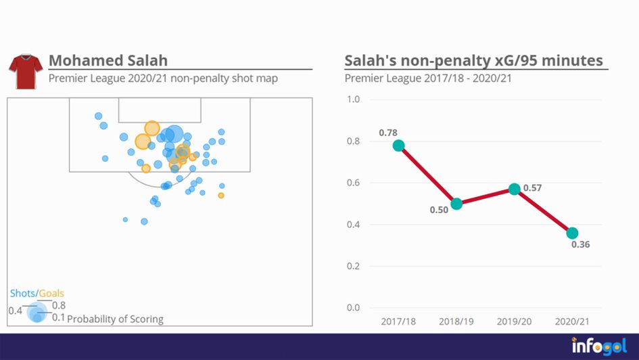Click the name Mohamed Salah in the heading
point(108,61)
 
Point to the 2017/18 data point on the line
point(398,145)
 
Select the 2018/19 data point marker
point(456,204)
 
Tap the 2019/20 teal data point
point(515,189)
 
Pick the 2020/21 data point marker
point(572,233)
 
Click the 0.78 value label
point(388,133)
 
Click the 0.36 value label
point(580,245)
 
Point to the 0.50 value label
point(439,210)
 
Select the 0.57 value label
point(534,187)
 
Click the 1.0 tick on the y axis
point(353,99)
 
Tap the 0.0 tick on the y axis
point(353,308)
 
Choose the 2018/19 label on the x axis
point(456,321)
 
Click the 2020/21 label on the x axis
point(572,321)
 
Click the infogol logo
point(599,345)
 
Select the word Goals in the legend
point(51,294)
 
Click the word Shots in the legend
point(22,294)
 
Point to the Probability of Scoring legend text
point(115,319)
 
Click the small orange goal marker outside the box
point(221,196)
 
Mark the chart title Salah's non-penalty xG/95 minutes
point(473,61)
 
